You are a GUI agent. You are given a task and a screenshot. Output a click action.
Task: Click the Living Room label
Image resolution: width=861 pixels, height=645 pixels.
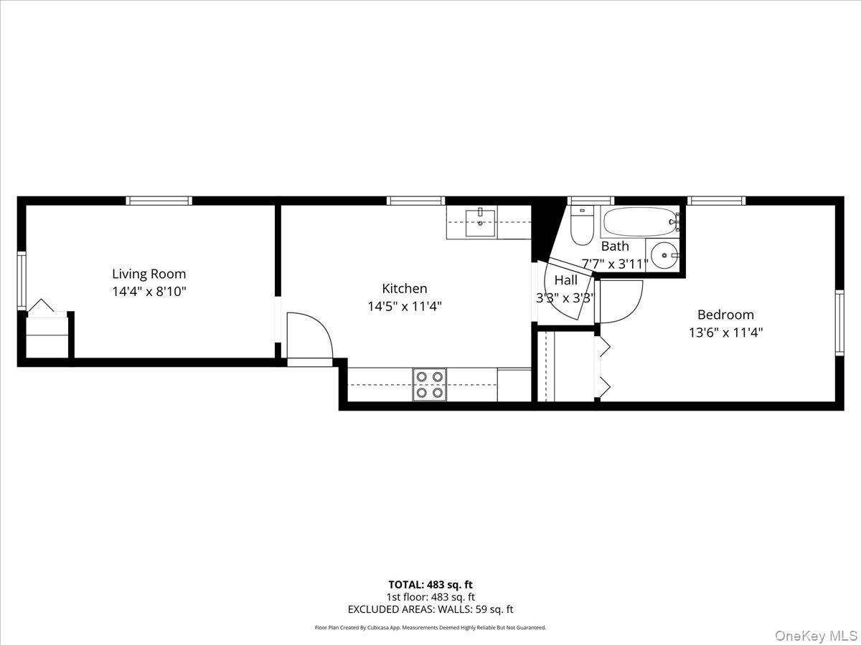[x=149, y=274]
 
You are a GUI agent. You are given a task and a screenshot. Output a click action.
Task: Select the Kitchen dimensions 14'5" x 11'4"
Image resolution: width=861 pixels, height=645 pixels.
[x=404, y=306]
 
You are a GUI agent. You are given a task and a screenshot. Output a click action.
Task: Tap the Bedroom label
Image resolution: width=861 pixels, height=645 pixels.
[x=725, y=315]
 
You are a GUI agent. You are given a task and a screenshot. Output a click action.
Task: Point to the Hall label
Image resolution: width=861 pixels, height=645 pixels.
[x=565, y=280]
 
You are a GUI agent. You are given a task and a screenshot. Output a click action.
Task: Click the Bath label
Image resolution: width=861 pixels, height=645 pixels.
[x=615, y=247]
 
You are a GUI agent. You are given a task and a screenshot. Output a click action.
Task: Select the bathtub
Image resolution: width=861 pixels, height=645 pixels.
[x=639, y=222]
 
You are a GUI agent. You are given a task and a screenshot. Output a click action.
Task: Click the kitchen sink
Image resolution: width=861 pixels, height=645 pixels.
[x=480, y=222]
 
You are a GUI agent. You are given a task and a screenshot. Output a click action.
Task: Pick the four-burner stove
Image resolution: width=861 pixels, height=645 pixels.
[x=429, y=384]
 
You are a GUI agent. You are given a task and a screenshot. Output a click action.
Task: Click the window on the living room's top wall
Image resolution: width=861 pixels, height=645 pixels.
[x=159, y=201]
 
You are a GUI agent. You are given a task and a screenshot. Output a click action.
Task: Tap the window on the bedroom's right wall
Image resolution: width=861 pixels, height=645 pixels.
[x=839, y=322]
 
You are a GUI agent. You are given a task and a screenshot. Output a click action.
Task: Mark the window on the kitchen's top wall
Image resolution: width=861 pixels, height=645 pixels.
[x=415, y=201]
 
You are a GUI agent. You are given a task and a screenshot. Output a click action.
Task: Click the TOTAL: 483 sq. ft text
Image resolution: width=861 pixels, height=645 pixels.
[x=430, y=585]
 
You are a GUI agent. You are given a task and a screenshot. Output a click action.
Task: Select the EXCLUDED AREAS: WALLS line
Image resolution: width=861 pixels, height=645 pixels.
[x=430, y=609]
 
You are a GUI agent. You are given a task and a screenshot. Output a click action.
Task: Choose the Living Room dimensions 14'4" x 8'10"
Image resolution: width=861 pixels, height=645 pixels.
[x=149, y=292]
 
